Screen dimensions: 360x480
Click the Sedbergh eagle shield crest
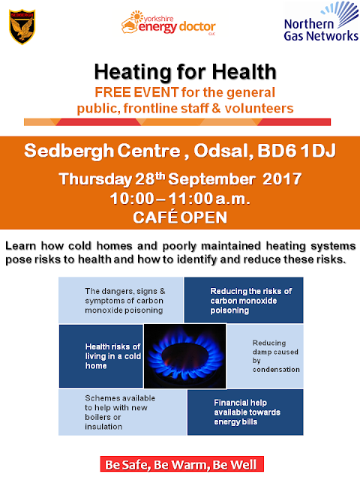coord(22,27)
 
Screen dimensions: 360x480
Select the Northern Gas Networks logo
coord(321,22)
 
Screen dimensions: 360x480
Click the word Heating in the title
coord(133,72)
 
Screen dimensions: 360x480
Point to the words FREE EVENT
coord(136,92)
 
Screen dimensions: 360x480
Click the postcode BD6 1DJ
coord(296,151)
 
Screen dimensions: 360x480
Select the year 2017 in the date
coord(282,178)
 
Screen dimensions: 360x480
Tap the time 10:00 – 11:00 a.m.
coord(180,199)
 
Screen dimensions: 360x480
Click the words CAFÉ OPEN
coord(180,217)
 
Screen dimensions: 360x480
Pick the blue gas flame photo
coord(185,356)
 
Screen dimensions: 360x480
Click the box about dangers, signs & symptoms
coord(121,300)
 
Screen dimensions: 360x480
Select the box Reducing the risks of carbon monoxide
coord(244,300)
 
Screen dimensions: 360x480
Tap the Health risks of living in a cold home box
coord(101,356)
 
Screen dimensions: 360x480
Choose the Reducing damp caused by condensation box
coord(265,356)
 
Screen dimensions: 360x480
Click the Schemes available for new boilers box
coord(122,412)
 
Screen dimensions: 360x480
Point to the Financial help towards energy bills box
coord(245,412)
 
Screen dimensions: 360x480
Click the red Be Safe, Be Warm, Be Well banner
coord(181,464)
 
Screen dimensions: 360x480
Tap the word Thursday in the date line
coord(95,179)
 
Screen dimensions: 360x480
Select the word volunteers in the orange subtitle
coord(259,108)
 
